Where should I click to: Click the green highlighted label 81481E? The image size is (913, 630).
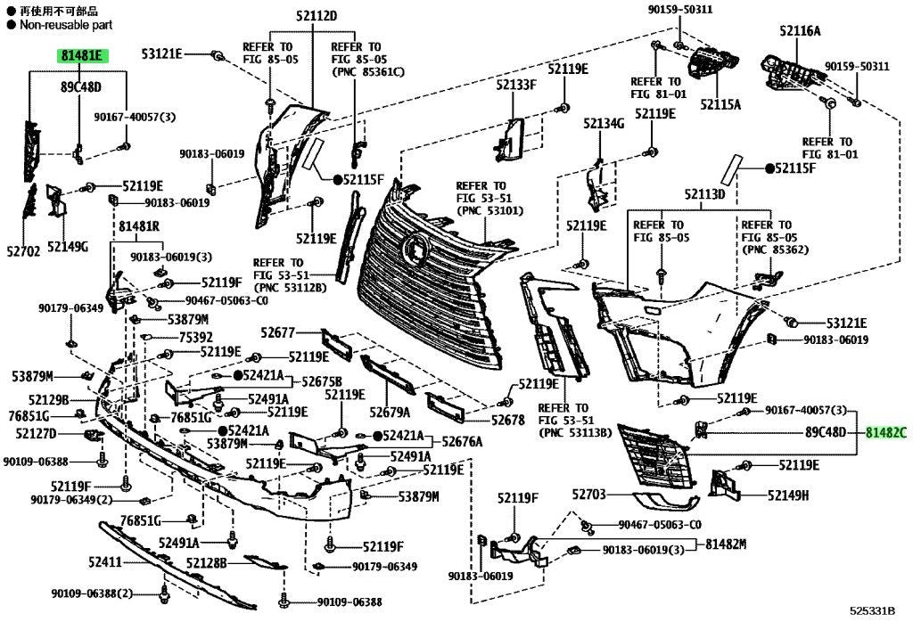point(82,56)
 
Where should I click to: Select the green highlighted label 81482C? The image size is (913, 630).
point(885,432)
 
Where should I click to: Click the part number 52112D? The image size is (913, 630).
point(317,16)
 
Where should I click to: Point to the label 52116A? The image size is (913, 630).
point(800,31)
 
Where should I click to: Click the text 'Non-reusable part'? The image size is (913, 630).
point(66,25)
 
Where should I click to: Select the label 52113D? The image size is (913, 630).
point(704,193)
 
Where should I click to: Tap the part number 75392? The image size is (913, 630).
point(195,338)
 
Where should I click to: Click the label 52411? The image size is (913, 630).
point(105,562)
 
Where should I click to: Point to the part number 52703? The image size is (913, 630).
point(589,495)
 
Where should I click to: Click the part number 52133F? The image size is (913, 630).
point(516,85)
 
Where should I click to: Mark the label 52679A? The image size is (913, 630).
point(390,413)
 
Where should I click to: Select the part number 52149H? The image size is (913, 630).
point(788,495)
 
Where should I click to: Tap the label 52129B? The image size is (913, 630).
point(48,399)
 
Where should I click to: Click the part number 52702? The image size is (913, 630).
point(24,251)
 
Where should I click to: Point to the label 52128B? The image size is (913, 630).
point(207,562)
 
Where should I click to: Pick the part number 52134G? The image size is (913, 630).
point(604,123)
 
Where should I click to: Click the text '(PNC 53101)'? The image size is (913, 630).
point(489,210)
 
